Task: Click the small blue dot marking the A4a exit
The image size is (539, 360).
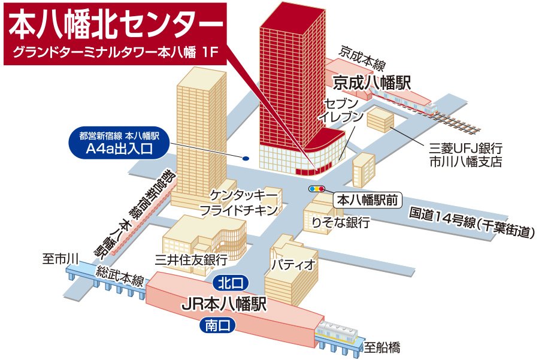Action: [246, 159]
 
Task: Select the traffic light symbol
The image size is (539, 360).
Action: [316, 189]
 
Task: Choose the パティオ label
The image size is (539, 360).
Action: [293, 264]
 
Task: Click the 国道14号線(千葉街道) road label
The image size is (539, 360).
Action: [470, 222]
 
